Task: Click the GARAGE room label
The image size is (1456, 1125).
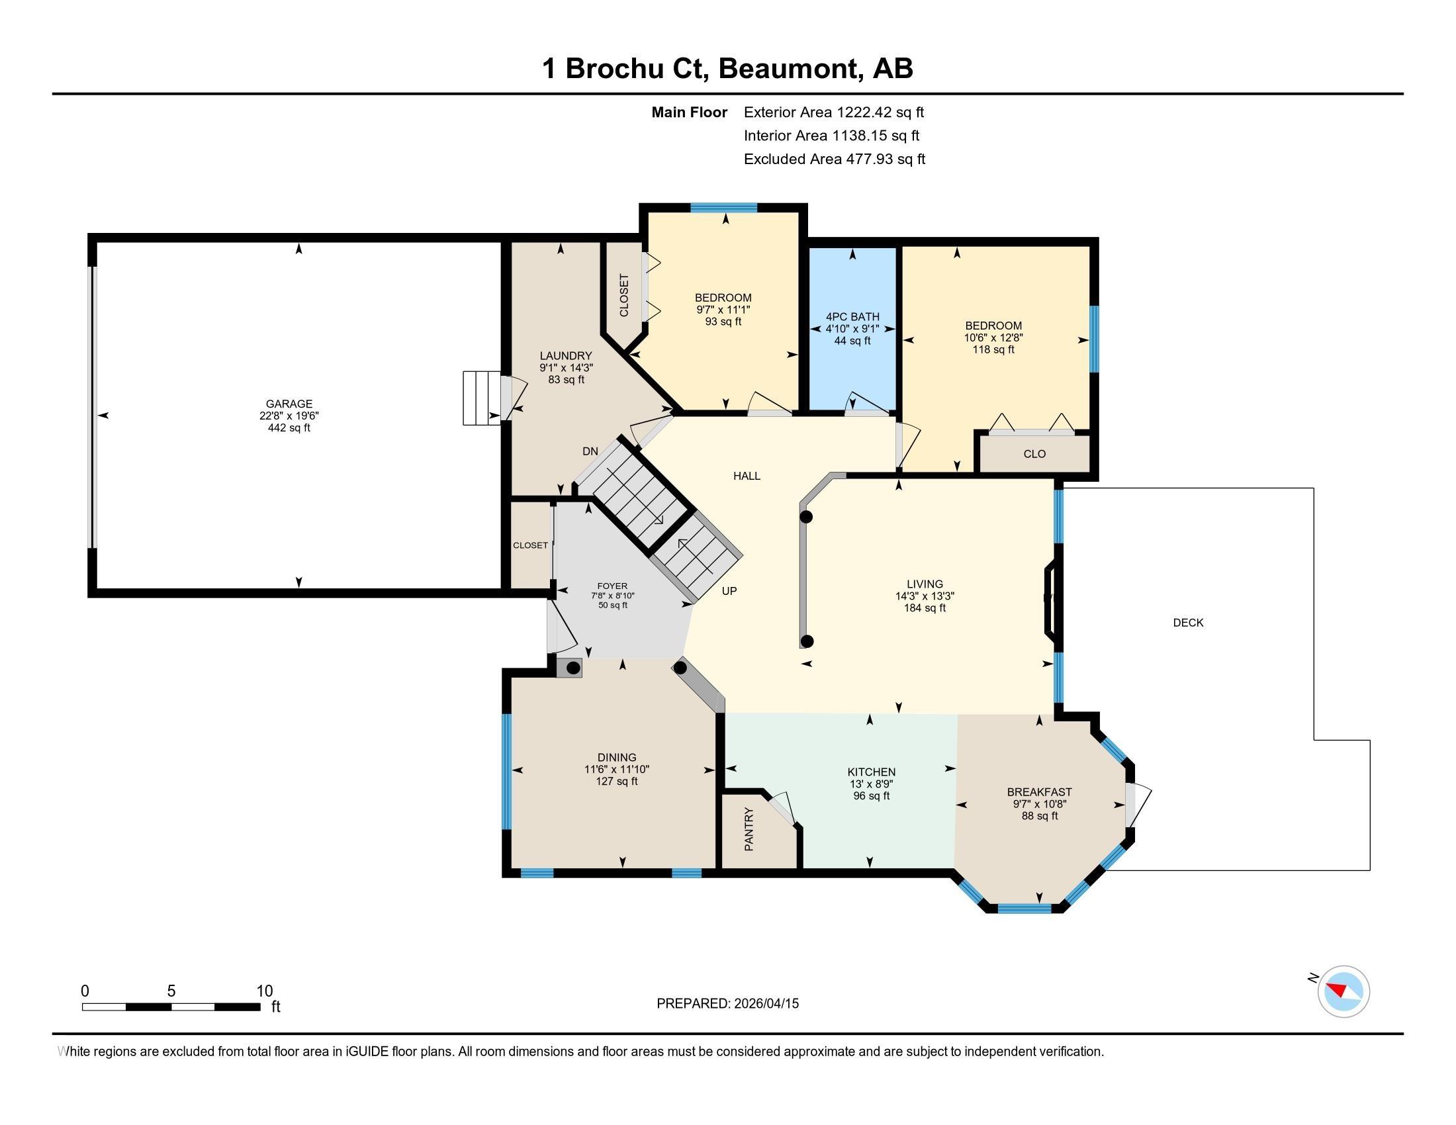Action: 289,404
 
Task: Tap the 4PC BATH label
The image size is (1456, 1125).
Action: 852,316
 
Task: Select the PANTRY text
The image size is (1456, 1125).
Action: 749,829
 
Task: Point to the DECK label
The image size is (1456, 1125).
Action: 1188,623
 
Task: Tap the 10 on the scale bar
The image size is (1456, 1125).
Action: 265,991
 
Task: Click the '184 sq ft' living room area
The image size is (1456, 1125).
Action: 925,607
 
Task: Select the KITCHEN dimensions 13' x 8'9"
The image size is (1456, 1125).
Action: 872,784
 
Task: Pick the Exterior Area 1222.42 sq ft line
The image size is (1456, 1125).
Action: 834,112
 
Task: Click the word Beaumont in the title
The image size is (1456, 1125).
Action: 789,69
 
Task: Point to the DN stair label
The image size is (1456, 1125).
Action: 590,451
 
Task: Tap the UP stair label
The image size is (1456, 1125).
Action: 729,591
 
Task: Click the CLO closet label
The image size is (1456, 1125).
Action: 1034,454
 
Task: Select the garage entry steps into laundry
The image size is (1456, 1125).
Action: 481,398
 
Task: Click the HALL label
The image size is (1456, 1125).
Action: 747,476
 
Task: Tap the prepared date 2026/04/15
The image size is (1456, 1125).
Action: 765,1003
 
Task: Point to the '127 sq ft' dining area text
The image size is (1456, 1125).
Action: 617,781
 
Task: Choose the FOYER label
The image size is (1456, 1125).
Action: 612,586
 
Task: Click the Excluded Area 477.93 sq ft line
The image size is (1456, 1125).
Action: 835,159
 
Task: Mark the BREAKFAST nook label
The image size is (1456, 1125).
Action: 1039,791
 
